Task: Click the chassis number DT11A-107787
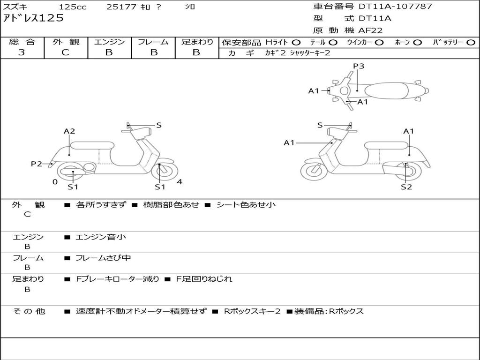395,7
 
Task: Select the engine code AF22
370,31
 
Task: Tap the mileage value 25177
121,7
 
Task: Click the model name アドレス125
33,19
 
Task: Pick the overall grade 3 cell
22,52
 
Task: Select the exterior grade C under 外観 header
66,52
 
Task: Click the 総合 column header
22,42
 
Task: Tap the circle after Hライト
296,42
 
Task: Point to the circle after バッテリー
471,42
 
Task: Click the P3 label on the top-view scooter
359,66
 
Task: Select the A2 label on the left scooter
69,131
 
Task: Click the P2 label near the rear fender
37,164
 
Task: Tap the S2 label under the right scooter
406,187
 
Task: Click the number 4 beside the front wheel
180,182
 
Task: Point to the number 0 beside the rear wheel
55,182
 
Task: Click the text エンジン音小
101,237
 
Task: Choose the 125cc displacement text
73,7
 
